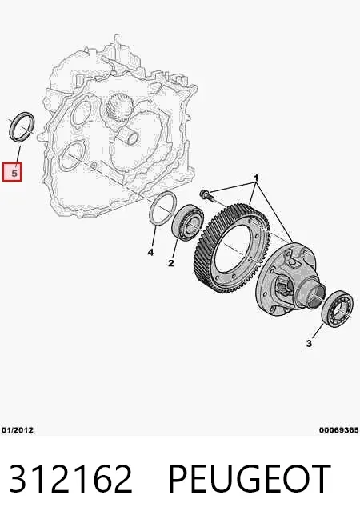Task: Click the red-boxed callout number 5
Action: [x=14, y=173]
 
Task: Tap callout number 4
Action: [x=151, y=253]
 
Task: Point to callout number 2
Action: [x=171, y=263]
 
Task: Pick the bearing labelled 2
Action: [x=187, y=222]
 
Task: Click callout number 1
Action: [x=256, y=178]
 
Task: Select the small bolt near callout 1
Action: [x=205, y=195]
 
